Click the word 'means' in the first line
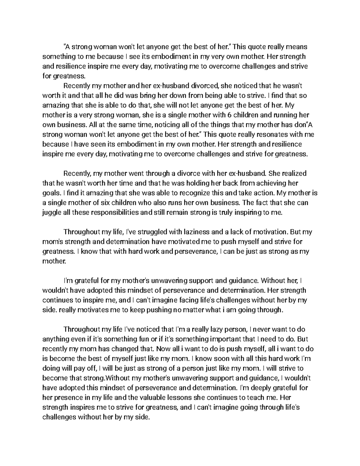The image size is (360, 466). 296,47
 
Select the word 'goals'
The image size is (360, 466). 49,193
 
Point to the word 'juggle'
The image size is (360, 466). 51,212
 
